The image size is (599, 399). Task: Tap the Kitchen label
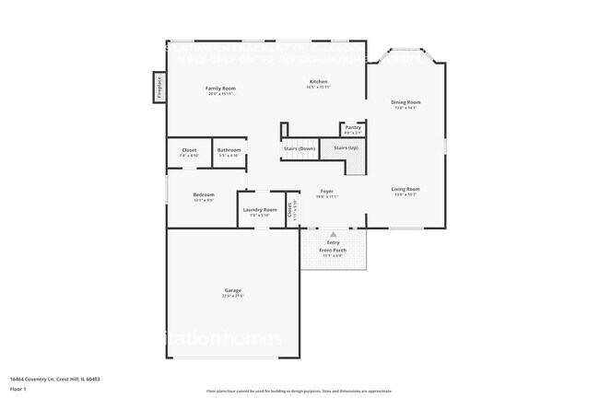(318, 82)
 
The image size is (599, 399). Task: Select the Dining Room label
(405, 102)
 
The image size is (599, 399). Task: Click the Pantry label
(353, 127)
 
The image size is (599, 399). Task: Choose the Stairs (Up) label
(346, 147)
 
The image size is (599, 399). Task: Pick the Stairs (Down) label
(299, 147)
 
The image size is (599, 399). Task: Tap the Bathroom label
(229, 150)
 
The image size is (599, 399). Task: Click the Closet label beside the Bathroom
(189, 150)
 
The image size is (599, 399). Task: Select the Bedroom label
(204, 194)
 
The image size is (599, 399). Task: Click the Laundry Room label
(260, 210)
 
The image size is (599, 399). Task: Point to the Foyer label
(327, 191)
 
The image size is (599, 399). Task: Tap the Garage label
(232, 290)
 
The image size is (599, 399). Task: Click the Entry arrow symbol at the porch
(334, 234)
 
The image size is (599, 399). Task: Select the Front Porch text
(333, 251)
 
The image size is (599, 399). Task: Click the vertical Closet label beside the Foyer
(291, 209)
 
